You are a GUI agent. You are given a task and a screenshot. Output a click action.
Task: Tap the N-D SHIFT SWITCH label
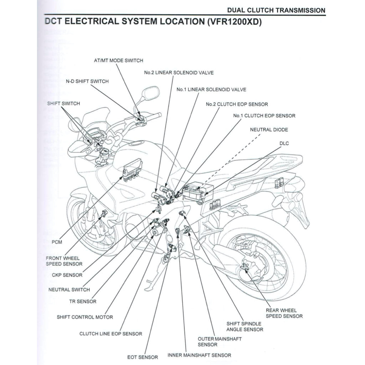pos(87,81)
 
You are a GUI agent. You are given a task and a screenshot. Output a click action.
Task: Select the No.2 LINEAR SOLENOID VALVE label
pos(179,73)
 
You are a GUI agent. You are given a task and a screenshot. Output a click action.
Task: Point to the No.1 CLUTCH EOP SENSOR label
pos(264,116)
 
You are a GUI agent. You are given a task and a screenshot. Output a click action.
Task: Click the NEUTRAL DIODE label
pos(269,130)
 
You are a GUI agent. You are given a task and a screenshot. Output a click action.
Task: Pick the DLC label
pos(284,143)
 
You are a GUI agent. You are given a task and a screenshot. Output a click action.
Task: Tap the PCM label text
pos(57,242)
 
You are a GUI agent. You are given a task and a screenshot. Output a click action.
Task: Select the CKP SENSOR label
pos(67,275)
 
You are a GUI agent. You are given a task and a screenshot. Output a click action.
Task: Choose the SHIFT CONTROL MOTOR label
pos(85,317)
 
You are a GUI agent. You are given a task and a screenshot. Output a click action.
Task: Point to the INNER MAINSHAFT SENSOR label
pos(199,355)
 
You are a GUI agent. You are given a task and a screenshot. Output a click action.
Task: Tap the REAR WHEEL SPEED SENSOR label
pos(284,313)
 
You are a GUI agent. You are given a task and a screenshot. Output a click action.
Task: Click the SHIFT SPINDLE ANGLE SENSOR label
pos(245,327)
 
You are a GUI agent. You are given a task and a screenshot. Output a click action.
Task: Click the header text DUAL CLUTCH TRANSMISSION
pos(276,10)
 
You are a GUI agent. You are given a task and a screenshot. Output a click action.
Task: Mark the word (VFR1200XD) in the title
pos(233,22)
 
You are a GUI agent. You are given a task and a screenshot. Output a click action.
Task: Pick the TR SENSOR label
pos(83,302)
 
